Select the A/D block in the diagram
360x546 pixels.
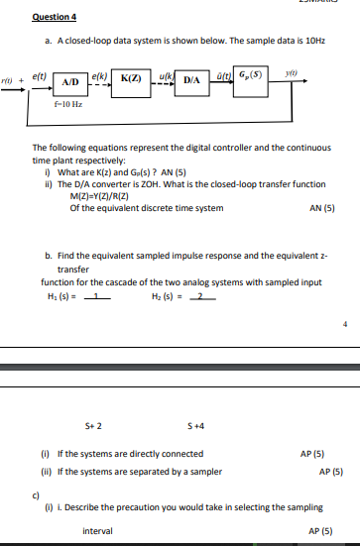pyautogui.click(x=70, y=80)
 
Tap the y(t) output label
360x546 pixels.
pyautogui.click(x=290, y=71)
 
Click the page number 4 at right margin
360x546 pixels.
pyautogui.click(x=345, y=321)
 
